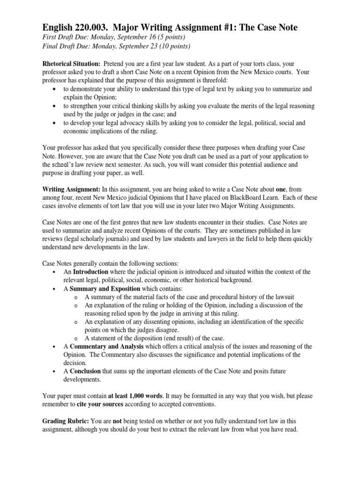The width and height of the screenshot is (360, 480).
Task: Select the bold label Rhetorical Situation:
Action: point(71,63)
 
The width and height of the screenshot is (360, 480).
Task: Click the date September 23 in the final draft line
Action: point(135,45)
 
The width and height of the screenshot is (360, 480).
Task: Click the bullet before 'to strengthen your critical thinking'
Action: point(55,106)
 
